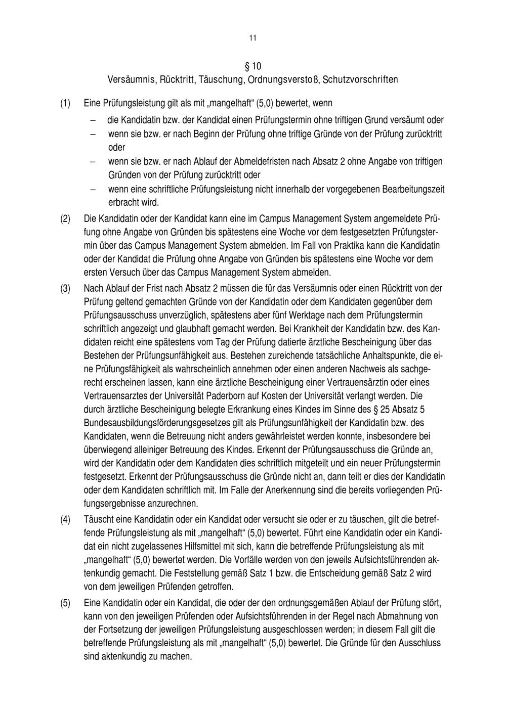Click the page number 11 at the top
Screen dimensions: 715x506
(252, 38)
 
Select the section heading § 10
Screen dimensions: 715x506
(252, 66)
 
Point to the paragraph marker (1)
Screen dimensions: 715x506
(65, 104)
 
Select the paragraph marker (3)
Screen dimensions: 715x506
(65, 289)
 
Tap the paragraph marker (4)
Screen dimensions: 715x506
(65, 520)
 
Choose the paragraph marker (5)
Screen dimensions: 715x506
(65, 604)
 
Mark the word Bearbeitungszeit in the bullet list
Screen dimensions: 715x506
(413, 190)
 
